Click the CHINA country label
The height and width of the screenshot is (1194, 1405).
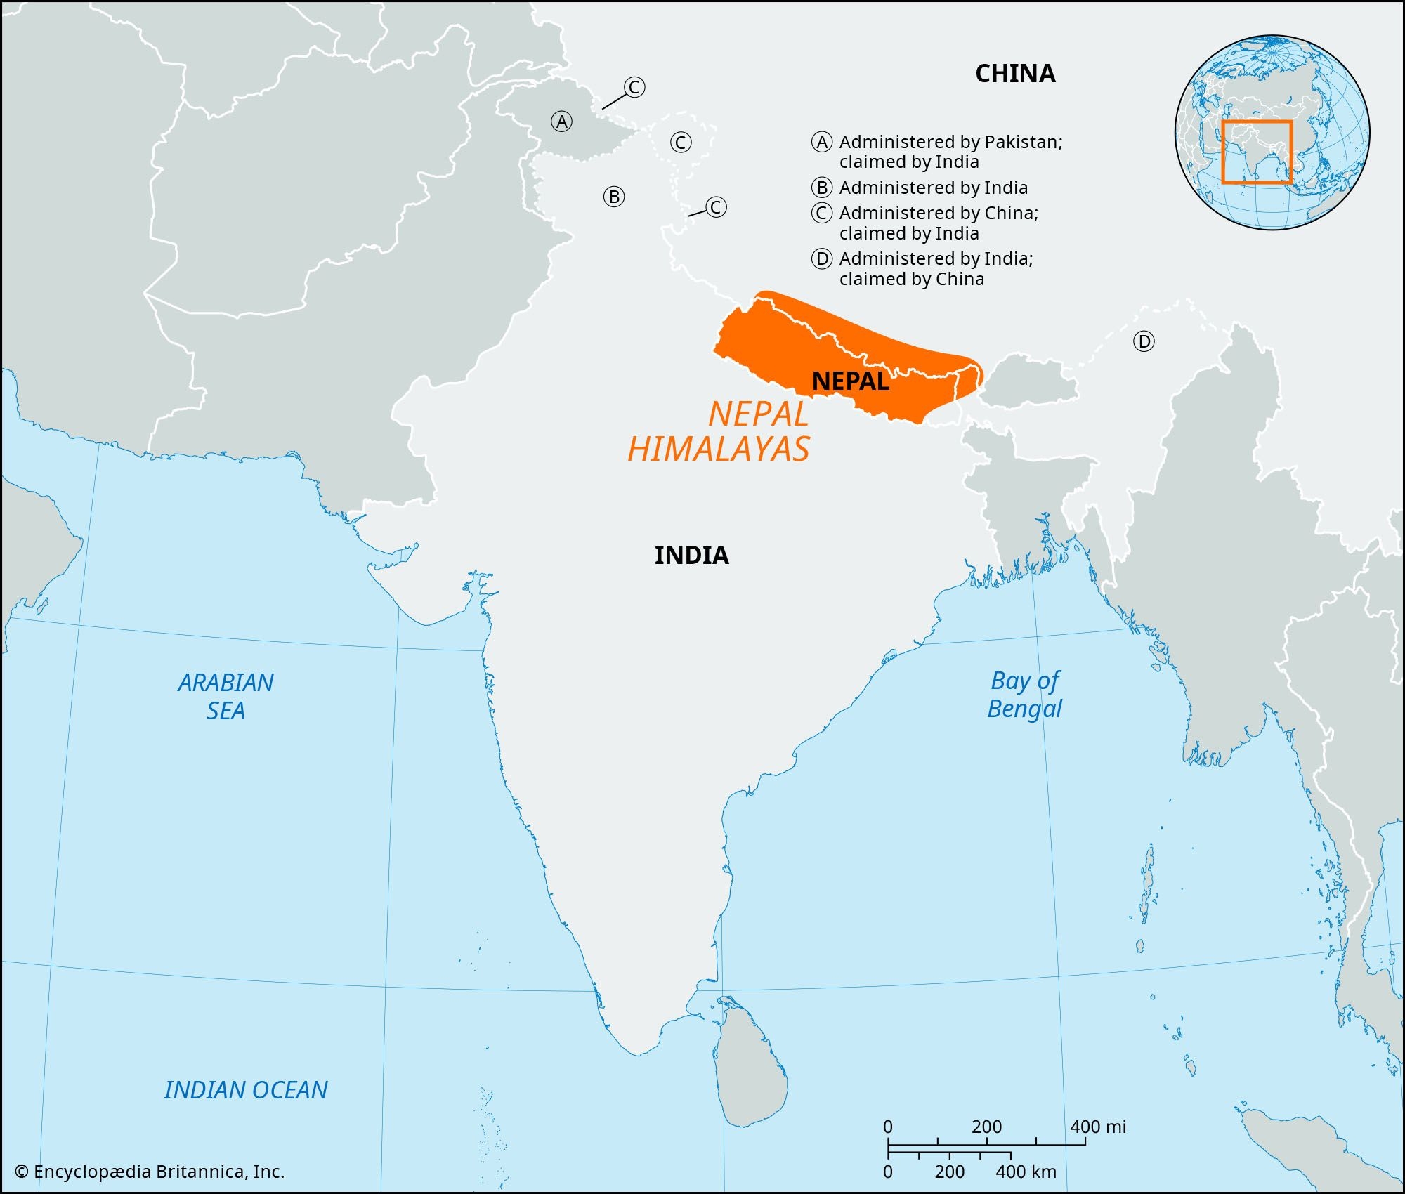click(1015, 74)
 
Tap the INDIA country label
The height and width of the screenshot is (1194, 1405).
click(691, 556)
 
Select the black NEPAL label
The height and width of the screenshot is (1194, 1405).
click(850, 381)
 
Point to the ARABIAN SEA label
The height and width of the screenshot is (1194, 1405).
click(226, 696)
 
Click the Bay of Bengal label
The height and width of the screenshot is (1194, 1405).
click(1025, 694)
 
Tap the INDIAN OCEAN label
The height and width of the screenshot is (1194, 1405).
click(246, 1089)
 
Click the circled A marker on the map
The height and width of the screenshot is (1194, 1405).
click(561, 122)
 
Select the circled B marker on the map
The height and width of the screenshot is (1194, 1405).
click(614, 197)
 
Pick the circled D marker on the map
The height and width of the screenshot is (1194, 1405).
click(1144, 342)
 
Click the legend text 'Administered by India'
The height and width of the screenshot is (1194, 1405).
click(934, 188)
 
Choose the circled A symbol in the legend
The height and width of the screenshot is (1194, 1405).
click(822, 142)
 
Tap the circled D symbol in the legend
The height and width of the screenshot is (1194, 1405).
click(822, 259)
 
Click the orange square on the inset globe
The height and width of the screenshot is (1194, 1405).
click(1257, 152)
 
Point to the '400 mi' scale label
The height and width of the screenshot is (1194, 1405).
click(1097, 1127)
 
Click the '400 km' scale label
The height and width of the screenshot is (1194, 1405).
click(1026, 1172)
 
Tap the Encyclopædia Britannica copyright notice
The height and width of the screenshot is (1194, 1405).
click(150, 1172)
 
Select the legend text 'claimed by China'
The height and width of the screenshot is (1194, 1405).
click(911, 279)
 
